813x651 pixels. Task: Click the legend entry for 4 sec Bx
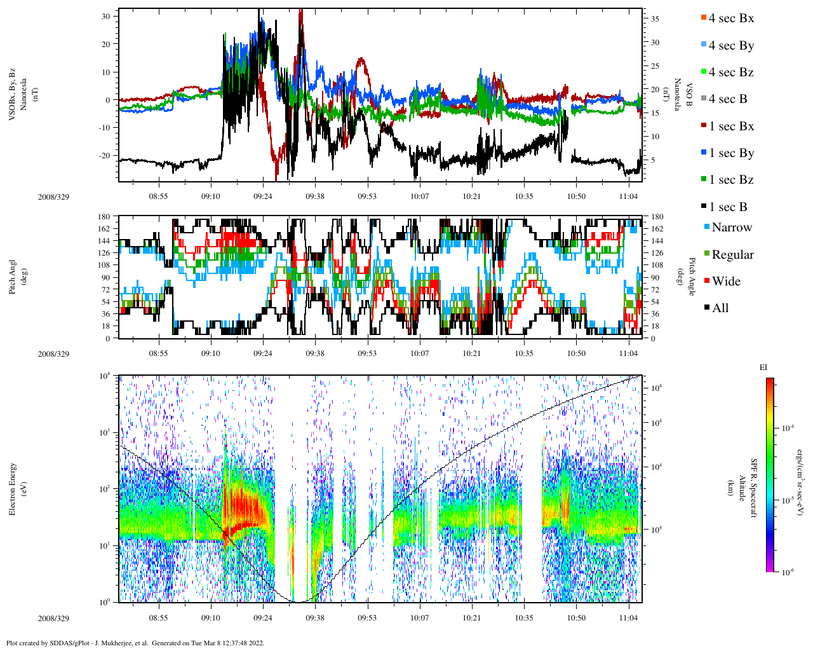(x=730, y=18)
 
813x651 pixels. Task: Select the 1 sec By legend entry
(x=730, y=153)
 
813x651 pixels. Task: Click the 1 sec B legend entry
(x=728, y=207)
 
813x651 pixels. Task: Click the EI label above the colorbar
(x=763, y=367)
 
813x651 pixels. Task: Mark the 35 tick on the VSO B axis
(x=655, y=19)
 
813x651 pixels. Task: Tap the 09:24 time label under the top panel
(x=263, y=197)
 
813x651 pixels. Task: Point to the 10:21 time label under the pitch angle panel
(x=471, y=354)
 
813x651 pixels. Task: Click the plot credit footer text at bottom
(x=135, y=643)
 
